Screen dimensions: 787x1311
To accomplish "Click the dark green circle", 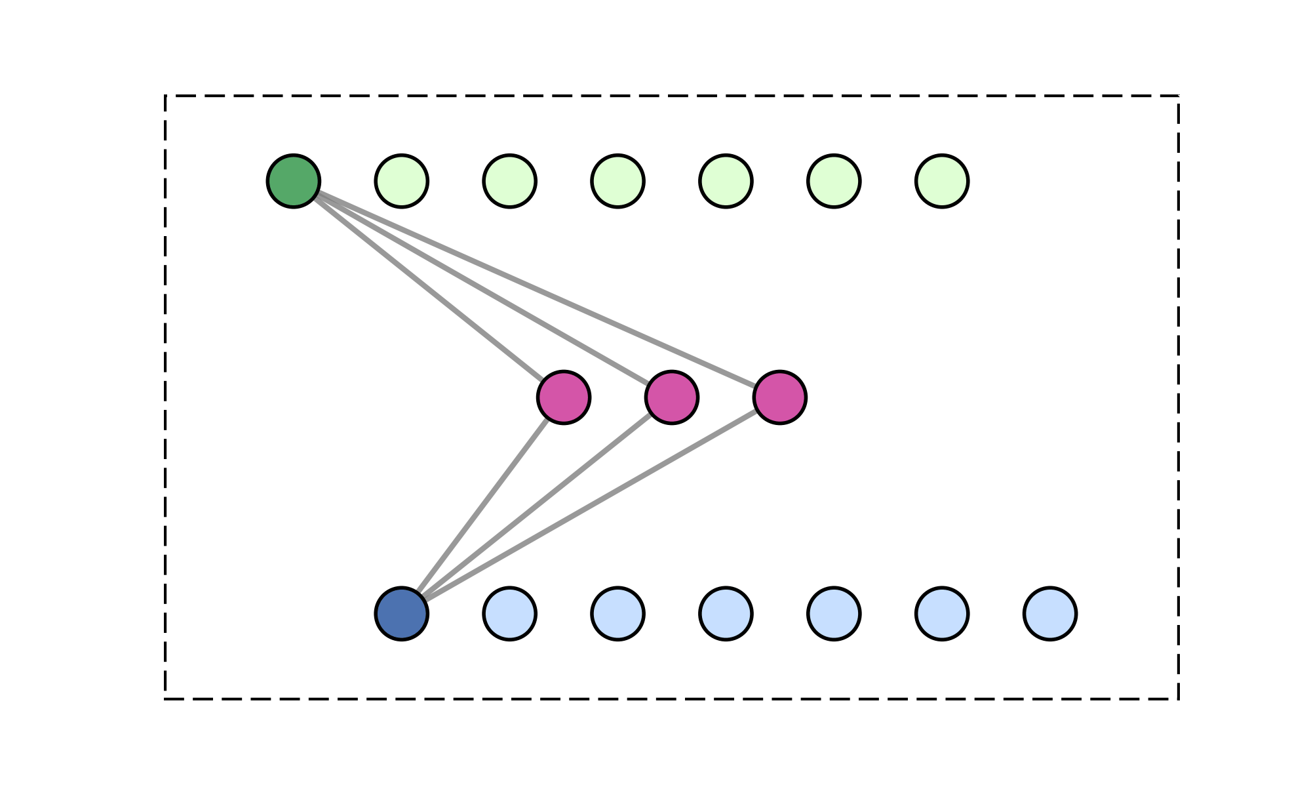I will [294, 181].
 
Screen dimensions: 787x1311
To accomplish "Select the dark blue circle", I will [402, 614].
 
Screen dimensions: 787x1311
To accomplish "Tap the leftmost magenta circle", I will [564, 397].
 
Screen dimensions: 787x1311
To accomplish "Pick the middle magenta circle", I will [672, 397].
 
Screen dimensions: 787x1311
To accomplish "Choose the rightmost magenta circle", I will [780, 397].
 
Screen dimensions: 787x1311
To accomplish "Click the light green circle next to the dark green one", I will [402, 181].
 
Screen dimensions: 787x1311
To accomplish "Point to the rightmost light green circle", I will [942, 181].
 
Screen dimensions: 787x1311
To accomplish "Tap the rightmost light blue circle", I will [1050, 614].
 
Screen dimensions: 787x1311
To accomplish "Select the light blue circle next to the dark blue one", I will [510, 614].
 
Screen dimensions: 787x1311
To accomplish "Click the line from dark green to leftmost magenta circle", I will [429, 289].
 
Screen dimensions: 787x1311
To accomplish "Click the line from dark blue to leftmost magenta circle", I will [483, 506].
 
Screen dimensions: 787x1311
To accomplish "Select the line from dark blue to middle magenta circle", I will [537, 506].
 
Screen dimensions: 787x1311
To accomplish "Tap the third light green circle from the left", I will [618, 181].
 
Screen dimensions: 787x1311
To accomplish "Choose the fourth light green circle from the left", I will [726, 181].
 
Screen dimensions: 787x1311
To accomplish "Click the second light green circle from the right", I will [834, 181].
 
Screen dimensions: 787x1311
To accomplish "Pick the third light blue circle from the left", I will [726, 614].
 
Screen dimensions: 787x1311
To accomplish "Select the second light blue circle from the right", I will [942, 614].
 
